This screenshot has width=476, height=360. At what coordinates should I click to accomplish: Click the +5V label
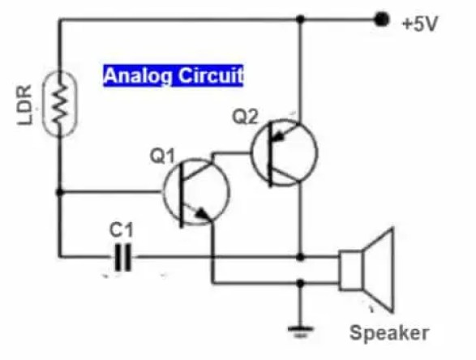point(419,24)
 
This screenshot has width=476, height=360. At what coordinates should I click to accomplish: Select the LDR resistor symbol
point(59,104)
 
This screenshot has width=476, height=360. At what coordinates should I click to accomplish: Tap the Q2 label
point(246,116)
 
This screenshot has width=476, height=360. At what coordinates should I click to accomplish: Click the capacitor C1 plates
point(122,259)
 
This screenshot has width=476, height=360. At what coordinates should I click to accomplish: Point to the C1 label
point(120,231)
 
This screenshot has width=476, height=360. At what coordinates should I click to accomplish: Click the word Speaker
point(388,332)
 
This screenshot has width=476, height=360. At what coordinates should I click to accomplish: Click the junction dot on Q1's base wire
point(59,192)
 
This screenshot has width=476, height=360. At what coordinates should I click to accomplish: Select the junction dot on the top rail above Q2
point(300,18)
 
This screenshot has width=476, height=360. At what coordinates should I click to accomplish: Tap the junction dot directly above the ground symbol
point(301,284)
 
